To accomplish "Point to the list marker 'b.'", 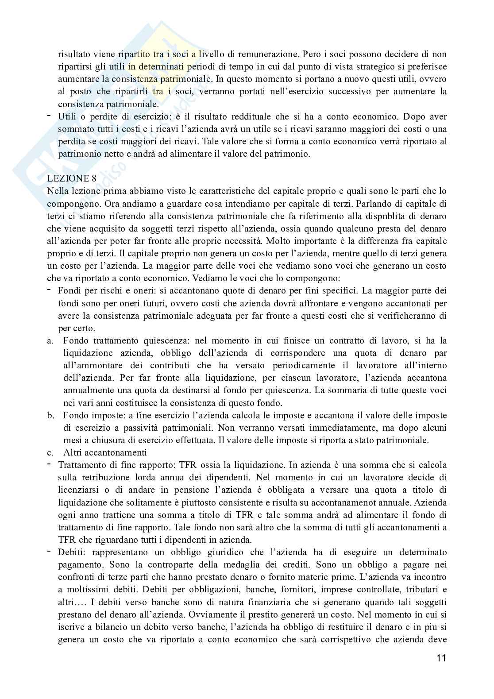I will [x=50, y=416].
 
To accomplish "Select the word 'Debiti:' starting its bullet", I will [x=71, y=552].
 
